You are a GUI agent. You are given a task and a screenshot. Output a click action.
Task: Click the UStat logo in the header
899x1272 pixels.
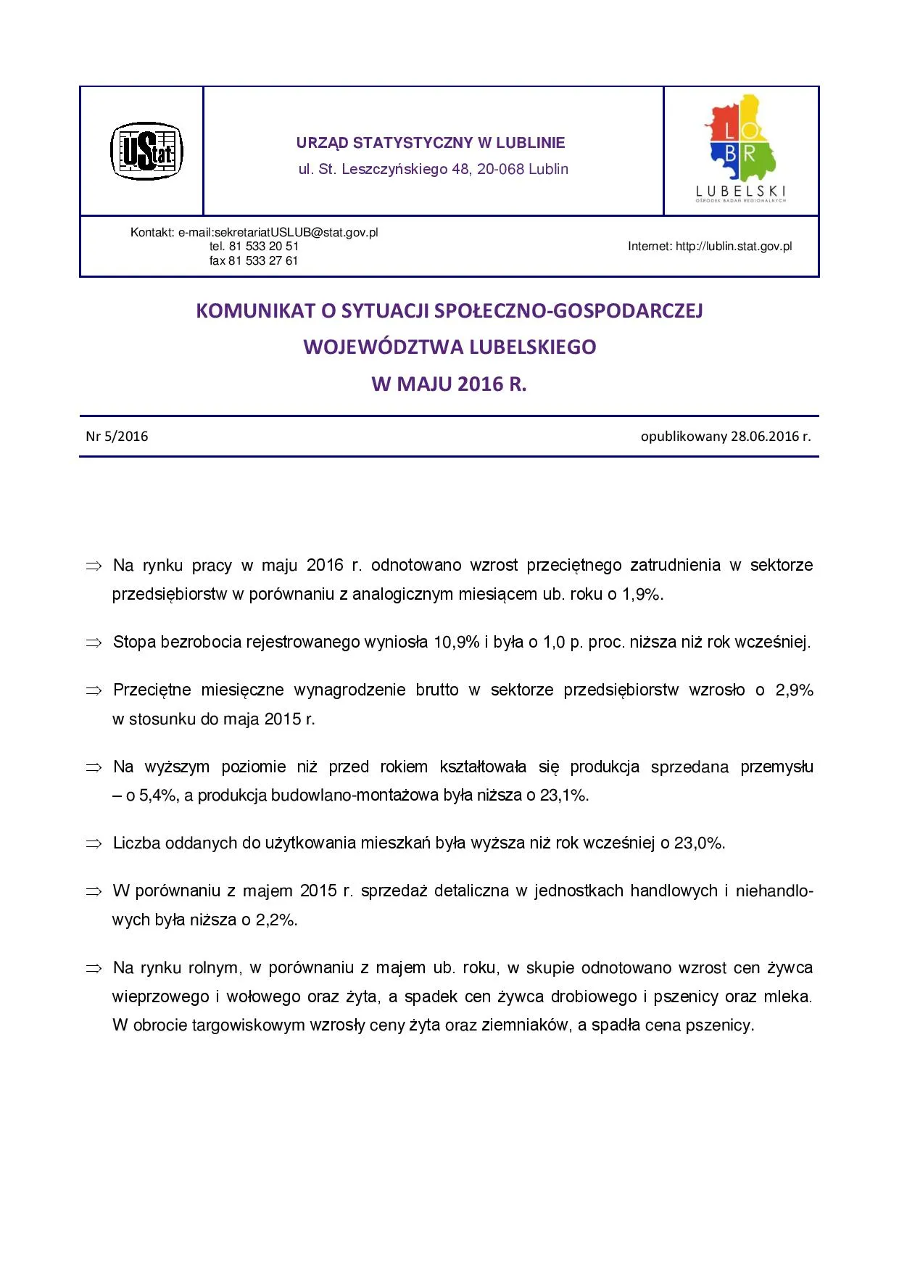[x=146, y=151]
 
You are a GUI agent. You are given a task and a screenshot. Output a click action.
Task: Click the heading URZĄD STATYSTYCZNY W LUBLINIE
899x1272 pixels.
[x=431, y=143]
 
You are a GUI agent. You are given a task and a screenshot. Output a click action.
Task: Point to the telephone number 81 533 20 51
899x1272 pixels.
[x=263, y=247]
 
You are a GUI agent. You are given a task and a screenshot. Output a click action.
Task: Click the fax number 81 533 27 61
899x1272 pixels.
[x=263, y=261]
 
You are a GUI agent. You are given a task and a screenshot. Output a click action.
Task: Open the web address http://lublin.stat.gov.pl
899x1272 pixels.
[x=734, y=247]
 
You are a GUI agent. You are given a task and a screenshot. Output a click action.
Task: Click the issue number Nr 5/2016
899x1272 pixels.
[x=117, y=437]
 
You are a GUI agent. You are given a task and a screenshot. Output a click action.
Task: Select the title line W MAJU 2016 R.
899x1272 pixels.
[x=449, y=384]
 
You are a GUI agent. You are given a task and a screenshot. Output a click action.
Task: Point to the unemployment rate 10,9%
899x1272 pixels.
[x=457, y=643]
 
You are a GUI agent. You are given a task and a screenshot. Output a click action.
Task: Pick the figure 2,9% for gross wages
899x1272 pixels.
[x=794, y=690]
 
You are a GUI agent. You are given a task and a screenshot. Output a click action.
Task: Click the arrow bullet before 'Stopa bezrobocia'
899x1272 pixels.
[x=94, y=643]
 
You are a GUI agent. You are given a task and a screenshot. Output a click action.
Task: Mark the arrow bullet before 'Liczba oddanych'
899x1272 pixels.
[x=94, y=844]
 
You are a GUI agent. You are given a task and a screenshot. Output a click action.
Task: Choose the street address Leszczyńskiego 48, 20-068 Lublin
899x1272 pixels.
[x=455, y=170]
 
